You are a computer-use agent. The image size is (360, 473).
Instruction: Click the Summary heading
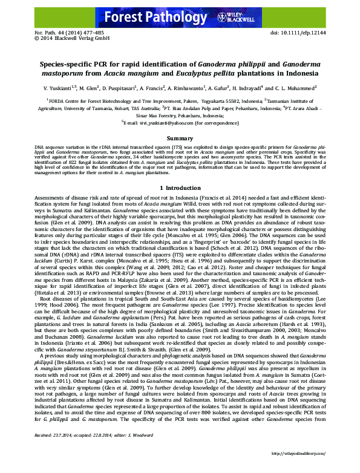179,139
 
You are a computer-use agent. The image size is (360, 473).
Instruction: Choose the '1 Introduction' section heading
180,189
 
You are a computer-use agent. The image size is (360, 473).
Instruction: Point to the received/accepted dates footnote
80,451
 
